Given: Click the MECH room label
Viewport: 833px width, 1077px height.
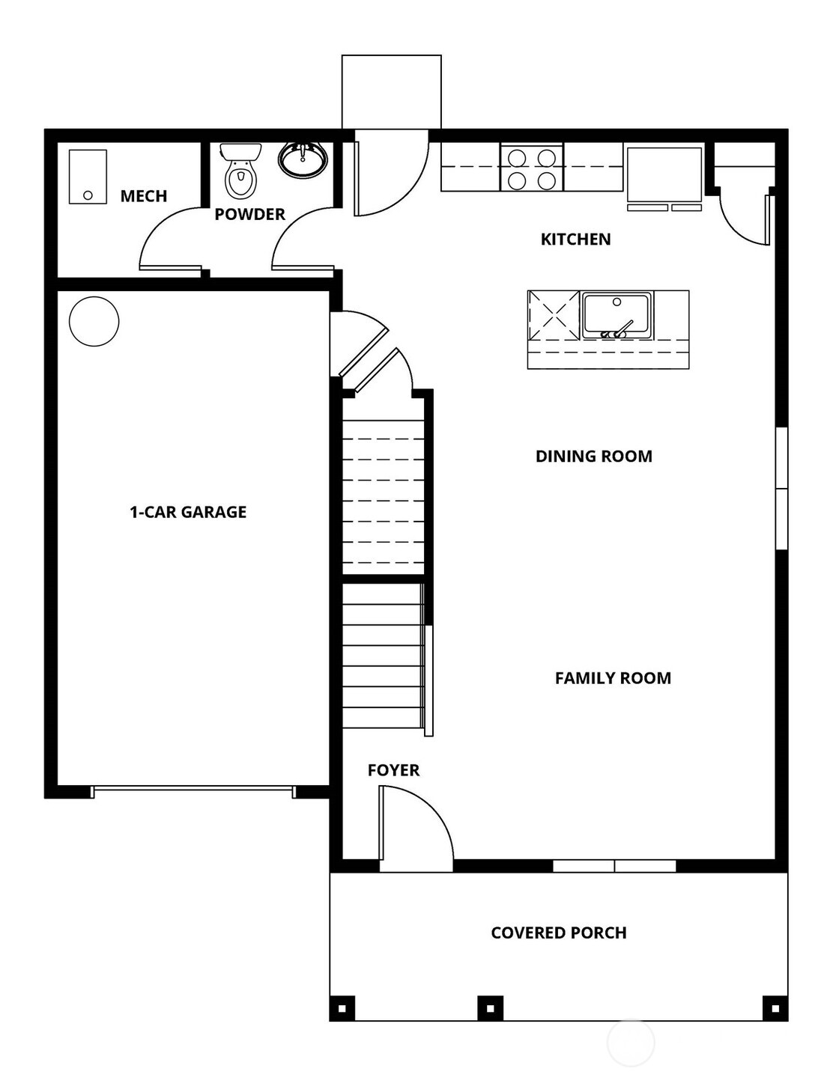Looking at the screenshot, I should click(143, 196).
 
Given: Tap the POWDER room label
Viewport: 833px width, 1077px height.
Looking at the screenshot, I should click(249, 214).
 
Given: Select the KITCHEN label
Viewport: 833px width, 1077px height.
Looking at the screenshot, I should click(575, 239).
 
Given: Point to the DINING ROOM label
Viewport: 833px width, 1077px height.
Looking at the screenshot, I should click(593, 457).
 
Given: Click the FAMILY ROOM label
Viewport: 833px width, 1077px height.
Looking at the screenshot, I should click(613, 678).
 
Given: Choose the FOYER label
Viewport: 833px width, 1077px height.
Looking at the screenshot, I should click(393, 770).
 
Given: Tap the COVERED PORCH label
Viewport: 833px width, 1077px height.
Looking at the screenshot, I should click(559, 933).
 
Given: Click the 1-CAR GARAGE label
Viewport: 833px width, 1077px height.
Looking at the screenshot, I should click(188, 512).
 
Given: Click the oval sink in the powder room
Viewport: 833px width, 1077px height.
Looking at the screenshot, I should click(303, 158).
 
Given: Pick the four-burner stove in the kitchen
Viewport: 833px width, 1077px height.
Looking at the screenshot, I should click(532, 168).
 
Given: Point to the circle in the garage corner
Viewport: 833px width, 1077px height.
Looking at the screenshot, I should click(94, 321).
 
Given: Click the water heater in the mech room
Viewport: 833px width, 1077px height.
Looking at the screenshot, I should click(88, 177).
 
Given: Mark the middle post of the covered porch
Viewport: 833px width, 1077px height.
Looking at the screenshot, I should click(490, 1008).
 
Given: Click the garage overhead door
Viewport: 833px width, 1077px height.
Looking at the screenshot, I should click(193, 790).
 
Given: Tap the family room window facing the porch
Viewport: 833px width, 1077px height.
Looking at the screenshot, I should click(614, 866).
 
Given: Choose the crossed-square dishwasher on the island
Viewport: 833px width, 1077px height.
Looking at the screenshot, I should click(554, 315).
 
